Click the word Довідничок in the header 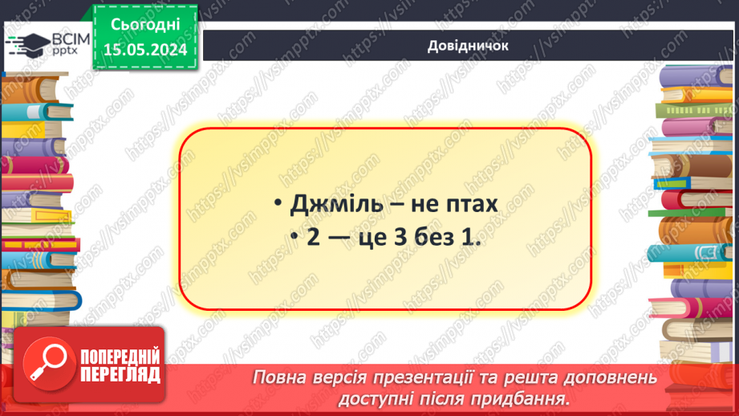(x=469, y=46)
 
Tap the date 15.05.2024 (x=144, y=50)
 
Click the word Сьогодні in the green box (x=144, y=26)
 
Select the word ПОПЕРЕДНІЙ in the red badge (x=120, y=357)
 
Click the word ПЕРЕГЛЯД (x=120, y=374)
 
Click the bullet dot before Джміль (x=277, y=206)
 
